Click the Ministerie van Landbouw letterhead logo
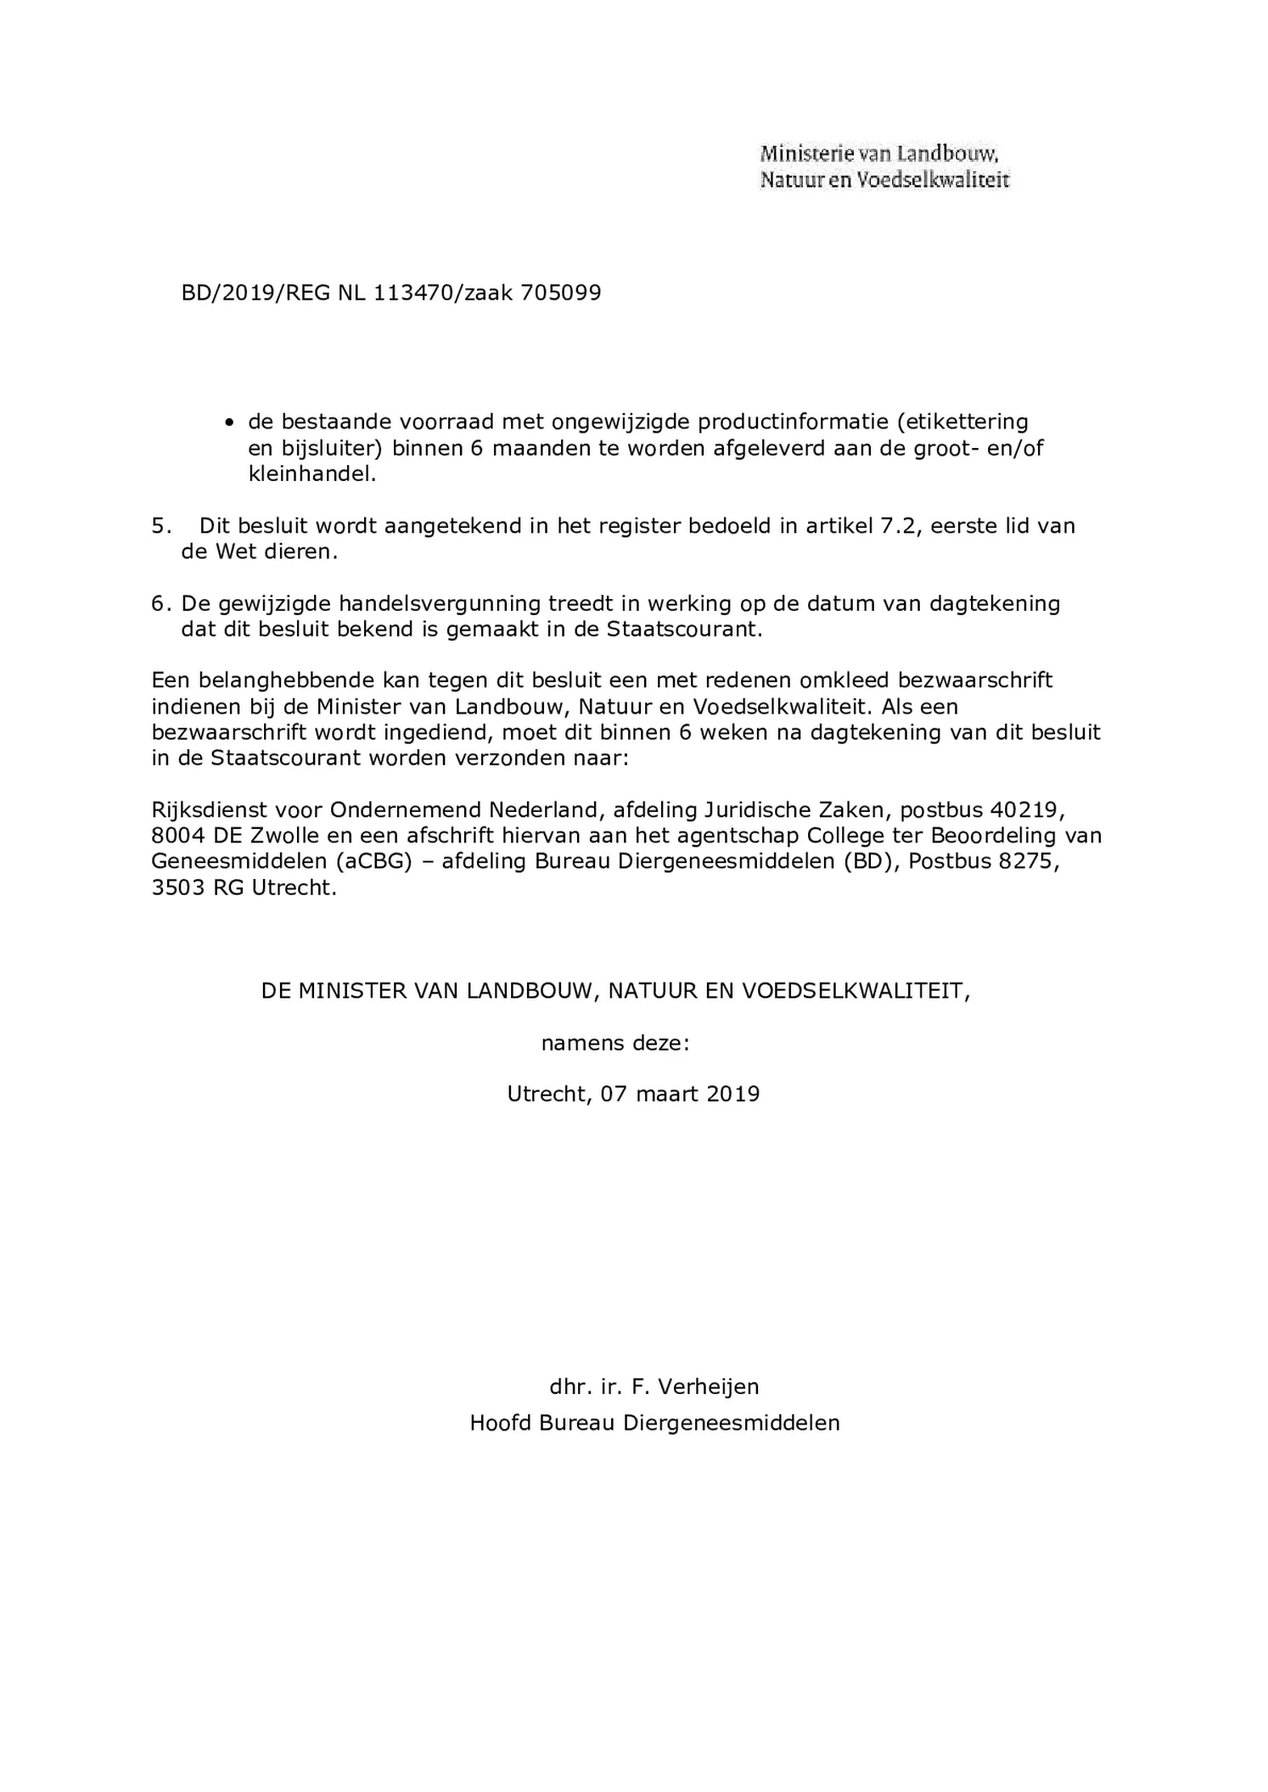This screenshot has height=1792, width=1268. click(884, 166)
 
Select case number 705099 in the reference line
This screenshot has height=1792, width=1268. click(561, 293)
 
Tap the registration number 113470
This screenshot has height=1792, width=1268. click(413, 293)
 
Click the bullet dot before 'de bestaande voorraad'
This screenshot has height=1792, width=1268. click(229, 423)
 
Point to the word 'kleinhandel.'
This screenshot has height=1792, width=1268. click(311, 473)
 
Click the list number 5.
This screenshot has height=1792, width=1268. click(160, 526)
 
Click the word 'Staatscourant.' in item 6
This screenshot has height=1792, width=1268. click(685, 630)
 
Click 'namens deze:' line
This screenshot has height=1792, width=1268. click(615, 1043)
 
